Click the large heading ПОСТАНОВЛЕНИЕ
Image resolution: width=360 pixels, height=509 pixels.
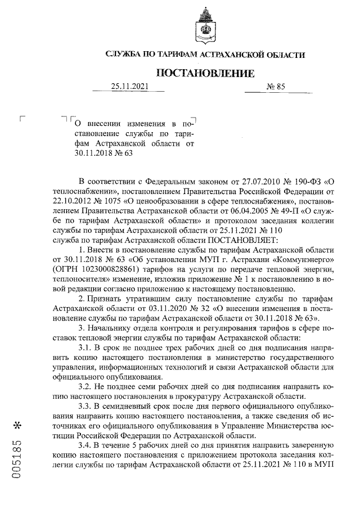[205, 73]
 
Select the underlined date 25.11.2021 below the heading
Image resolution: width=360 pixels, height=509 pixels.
[129, 87]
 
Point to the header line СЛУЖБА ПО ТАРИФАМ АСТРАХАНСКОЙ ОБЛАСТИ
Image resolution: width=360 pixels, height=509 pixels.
[205, 55]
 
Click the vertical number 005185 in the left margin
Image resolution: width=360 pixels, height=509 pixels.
[17, 455]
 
